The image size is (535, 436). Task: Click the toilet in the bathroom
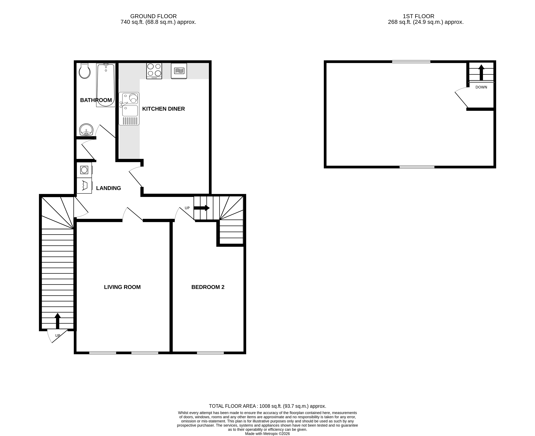(85, 71)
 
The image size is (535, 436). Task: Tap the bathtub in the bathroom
(106, 85)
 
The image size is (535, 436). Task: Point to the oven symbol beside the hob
(179, 71)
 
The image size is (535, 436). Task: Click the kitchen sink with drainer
(129, 109)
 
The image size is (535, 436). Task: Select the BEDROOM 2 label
(208, 287)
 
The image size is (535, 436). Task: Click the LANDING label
(108, 188)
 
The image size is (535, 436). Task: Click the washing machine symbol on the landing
(84, 170)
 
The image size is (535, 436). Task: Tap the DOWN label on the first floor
(481, 87)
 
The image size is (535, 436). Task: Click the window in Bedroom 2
(210, 353)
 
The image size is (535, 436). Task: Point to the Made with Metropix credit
(267, 434)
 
